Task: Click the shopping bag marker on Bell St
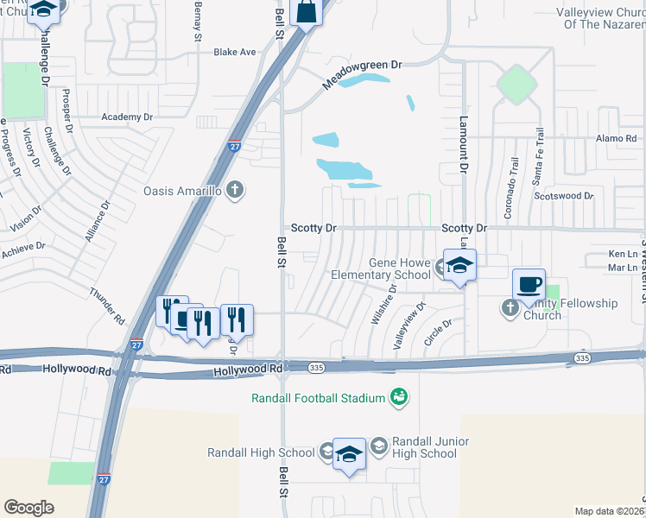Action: (x=307, y=13)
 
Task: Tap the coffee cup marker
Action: (x=529, y=284)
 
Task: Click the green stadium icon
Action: (x=399, y=397)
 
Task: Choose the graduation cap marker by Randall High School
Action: (x=349, y=454)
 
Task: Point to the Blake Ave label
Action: (x=235, y=52)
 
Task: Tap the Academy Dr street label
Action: (x=126, y=117)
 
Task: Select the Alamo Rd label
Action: (x=616, y=138)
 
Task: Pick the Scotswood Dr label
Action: (x=564, y=196)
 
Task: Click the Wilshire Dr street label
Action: (x=383, y=305)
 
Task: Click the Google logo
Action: (x=28, y=508)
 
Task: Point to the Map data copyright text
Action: (x=609, y=511)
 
